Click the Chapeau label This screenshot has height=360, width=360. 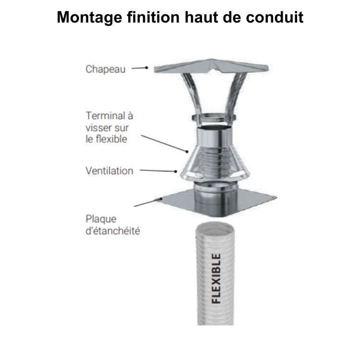(x=106, y=69)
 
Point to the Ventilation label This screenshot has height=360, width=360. (x=109, y=170)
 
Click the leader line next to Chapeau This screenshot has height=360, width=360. (x=140, y=68)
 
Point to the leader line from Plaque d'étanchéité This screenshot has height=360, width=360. (x=146, y=202)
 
